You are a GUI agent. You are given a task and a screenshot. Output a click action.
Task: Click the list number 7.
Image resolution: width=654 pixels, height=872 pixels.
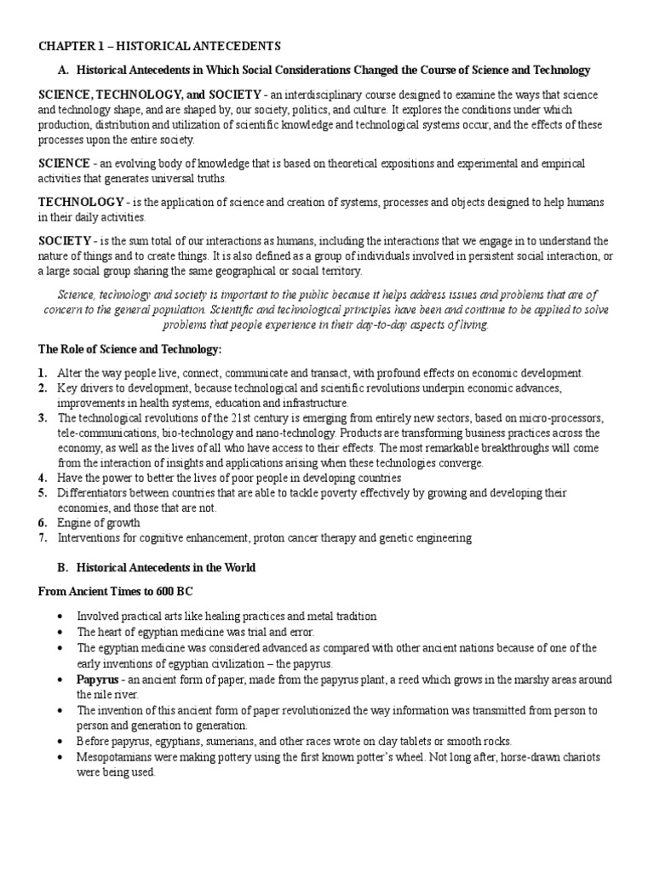tap(43, 538)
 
